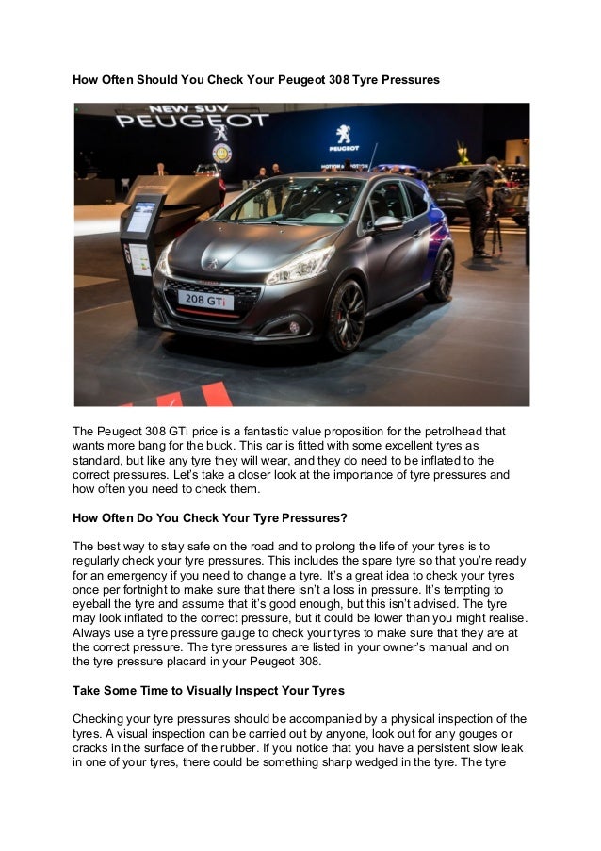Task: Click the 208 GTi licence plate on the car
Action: pos(206,300)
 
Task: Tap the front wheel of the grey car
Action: pos(348,315)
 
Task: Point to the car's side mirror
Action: pos(387,223)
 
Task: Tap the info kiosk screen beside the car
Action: pos(141,217)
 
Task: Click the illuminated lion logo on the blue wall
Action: pos(344,135)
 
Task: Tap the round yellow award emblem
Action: pos(222,153)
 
